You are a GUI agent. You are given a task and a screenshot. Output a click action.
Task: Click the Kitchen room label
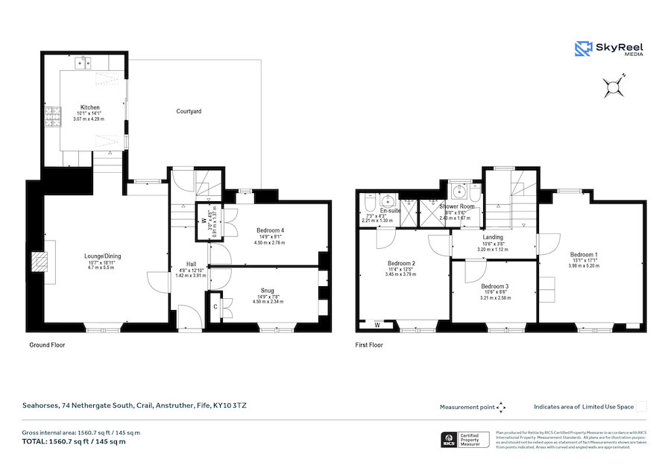tap(89, 107)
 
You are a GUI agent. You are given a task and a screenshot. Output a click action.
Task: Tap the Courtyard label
tap(189, 111)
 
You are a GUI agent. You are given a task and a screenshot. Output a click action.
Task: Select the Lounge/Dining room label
tap(102, 256)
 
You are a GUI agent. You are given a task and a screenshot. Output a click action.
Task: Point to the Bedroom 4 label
tap(270, 230)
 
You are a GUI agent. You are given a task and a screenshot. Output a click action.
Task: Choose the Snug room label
tap(267, 291)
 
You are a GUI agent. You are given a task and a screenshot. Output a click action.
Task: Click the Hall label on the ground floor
tap(191, 264)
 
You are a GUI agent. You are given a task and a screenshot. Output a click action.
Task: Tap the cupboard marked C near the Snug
tap(215, 306)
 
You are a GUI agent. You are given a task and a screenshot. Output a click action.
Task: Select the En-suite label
tap(390, 211)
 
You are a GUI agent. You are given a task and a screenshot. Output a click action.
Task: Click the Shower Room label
tap(457, 206)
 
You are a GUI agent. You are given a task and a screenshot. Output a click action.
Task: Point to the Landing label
tap(493, 237)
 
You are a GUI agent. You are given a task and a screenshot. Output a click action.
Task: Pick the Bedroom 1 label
tap(584, 254)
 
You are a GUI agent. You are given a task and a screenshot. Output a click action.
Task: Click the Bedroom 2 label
tap(401, 264)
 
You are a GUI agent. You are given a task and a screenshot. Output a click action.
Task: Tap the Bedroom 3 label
tap(494, 287)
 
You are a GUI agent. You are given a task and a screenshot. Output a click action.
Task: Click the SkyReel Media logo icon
tap(582, 49)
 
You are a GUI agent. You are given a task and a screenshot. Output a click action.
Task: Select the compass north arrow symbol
tap(614, 88)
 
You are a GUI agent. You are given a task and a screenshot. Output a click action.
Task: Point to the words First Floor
tap(369, 345)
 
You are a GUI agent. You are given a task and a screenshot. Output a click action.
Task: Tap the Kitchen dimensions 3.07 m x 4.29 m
tap(89, 119)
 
